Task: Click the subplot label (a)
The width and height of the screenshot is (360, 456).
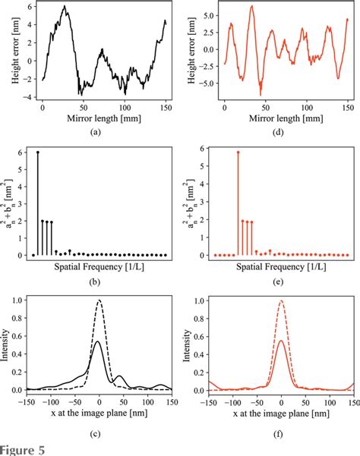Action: [x=94, y=131]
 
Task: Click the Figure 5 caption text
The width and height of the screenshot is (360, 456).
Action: [x=23, y=448]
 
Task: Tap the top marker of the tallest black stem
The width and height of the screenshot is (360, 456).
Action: [x=38, y=152]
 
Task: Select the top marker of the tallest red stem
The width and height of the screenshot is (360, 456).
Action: [x=238, y=153]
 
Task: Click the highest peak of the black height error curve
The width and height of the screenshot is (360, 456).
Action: [x=65, y=7]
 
